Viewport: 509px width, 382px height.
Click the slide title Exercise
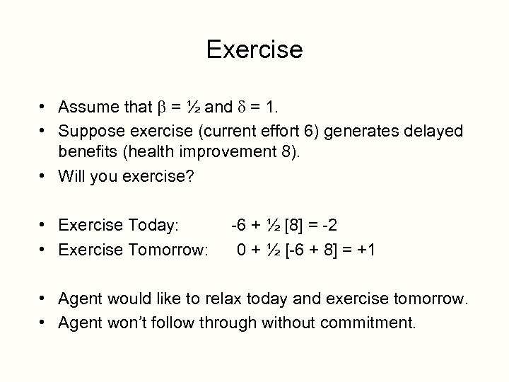click(x=255, y=50)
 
